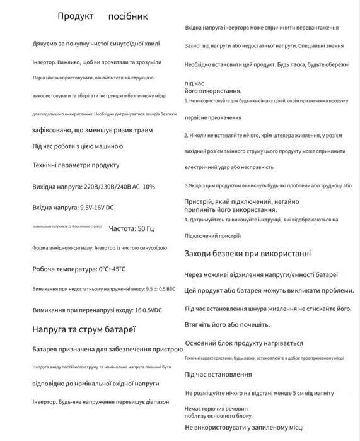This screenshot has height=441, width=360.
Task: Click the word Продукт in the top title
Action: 76,16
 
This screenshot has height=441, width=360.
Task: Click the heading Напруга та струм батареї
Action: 84,329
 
